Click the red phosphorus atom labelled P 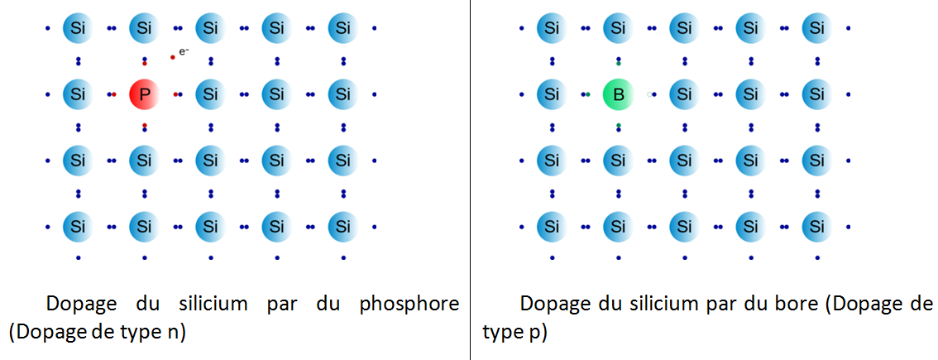click(144, 94)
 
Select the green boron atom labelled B click(618, 94)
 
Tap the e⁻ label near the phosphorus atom click(184, 52)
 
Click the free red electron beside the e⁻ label click(173, 57)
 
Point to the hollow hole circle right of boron click(649, 94)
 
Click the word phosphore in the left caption click(409, 305)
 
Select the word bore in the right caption click(800, 305)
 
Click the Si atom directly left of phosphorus click(78, 94)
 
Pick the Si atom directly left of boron click(552, 94)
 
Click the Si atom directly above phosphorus click(144, 28)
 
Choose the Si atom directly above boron click(618, 28)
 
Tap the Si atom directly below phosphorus click(144, 161)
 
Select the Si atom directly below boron click(618, 161)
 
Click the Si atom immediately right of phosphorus click(210, 94)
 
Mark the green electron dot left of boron click(588, 94)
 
